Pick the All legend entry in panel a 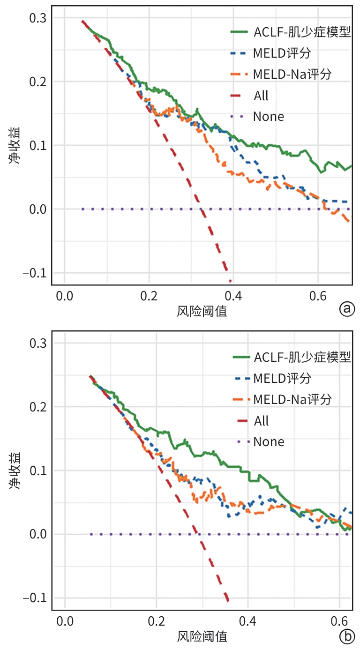click(261, 96)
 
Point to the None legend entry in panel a click(268, 116)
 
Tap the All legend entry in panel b click(262, 421)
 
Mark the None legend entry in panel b click(269, 441)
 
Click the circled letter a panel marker click(347, 309)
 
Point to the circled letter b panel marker click(347, 637)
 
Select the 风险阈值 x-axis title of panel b click(202, 636)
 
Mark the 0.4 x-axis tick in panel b click(248, 622)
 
